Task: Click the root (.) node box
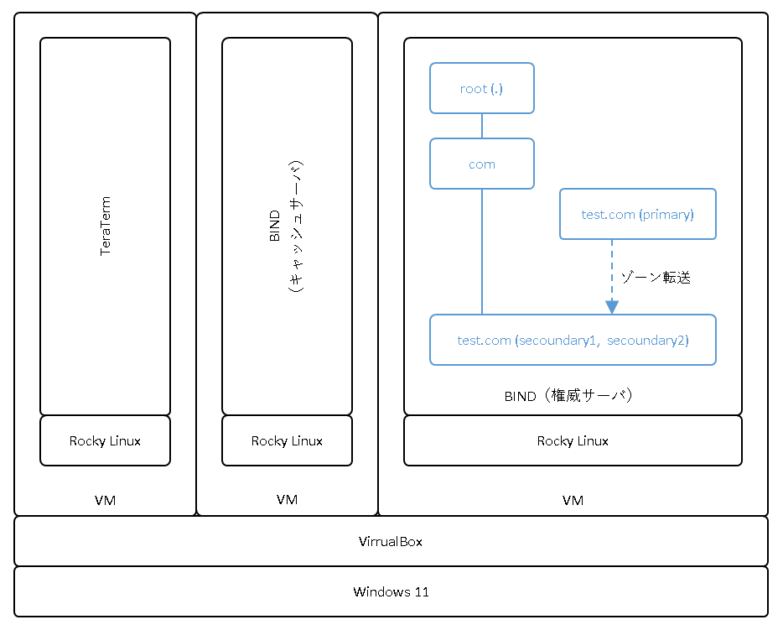[x=482, y=88]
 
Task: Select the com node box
[x=482, y=164]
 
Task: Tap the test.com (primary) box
[x=638, y=214]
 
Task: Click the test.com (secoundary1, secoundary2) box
[x=573, y=340]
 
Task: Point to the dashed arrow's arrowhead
[x=612, y=308]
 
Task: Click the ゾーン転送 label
[x=656, y=278]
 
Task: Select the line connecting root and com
[x=482, y=126]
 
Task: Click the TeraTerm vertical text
[x=106, y=226]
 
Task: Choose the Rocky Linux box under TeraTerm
[x=105, y=440]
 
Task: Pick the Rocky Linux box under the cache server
[x=287, y=440]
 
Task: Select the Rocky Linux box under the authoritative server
[x=573, y=440]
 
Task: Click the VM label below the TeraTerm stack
[x=105, y=500]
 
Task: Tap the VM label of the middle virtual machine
[x=287, y=500]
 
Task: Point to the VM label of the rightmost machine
[x=573, y=500]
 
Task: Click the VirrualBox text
[x=391, y=541]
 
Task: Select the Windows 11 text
[x=391, y=591]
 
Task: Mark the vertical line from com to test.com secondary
[x=482, y=252]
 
